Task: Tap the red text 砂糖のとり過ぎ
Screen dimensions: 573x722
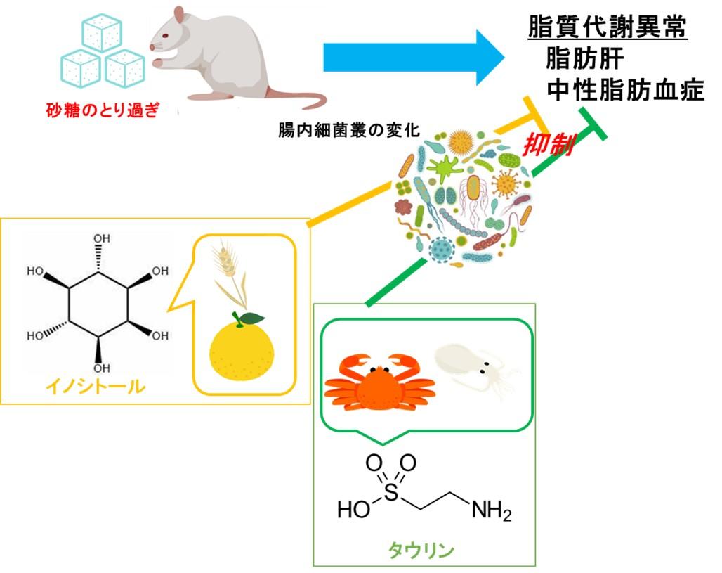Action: (x=103, y=110)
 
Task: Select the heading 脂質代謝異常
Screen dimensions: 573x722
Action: (x=608, y=29)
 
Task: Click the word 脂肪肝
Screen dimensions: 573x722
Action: (x=584, y=60)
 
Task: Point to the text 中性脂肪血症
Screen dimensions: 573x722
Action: (x=625, y=91)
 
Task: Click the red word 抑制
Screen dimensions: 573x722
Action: (x=548, y=146)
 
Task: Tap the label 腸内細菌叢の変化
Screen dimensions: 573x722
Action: (x=348, y=130)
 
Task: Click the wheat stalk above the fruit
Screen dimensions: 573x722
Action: (x=228, y=274)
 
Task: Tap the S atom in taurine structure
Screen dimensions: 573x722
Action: (x=391, y=489)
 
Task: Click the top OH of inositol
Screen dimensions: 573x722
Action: (x=101, y=239)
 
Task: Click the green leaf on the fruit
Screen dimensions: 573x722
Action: (x=251, y=318)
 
